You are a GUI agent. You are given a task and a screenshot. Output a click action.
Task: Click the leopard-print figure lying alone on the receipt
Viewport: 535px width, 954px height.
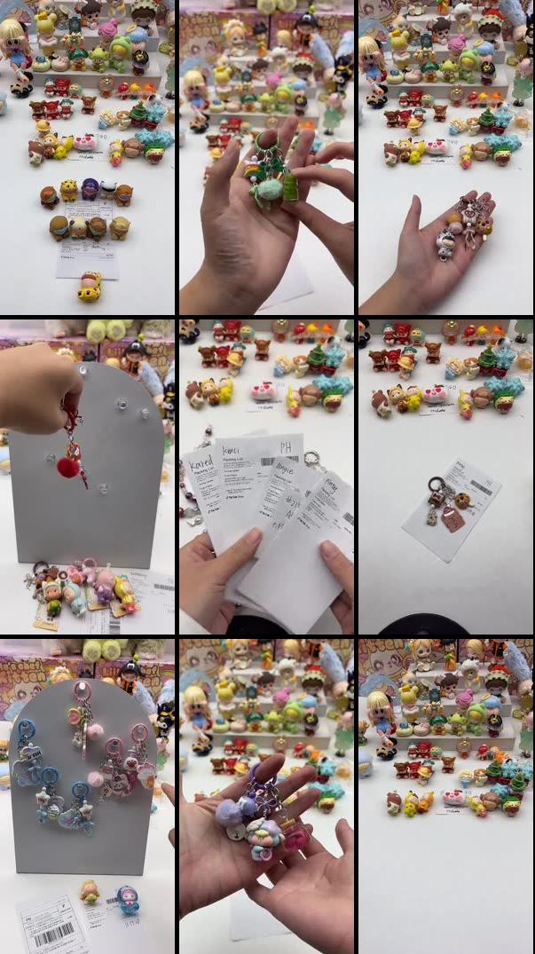coord(89,286)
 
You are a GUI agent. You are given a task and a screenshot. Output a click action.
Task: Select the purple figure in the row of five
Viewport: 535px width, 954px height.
coord(90,189)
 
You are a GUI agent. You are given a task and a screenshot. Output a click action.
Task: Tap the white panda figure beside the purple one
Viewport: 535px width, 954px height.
coord(108,188)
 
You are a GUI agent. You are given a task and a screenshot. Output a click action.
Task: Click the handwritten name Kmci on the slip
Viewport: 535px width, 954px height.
coord(232,449)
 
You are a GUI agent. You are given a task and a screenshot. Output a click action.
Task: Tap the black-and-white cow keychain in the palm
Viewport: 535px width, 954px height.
coord(445,240)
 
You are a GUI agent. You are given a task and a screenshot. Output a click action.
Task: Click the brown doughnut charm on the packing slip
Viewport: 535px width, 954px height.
coord(462,501)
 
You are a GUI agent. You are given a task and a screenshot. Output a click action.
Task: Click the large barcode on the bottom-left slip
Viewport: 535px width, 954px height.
coord(53,935)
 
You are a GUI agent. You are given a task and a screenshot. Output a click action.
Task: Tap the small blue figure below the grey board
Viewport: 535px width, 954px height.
coord(127,898)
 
